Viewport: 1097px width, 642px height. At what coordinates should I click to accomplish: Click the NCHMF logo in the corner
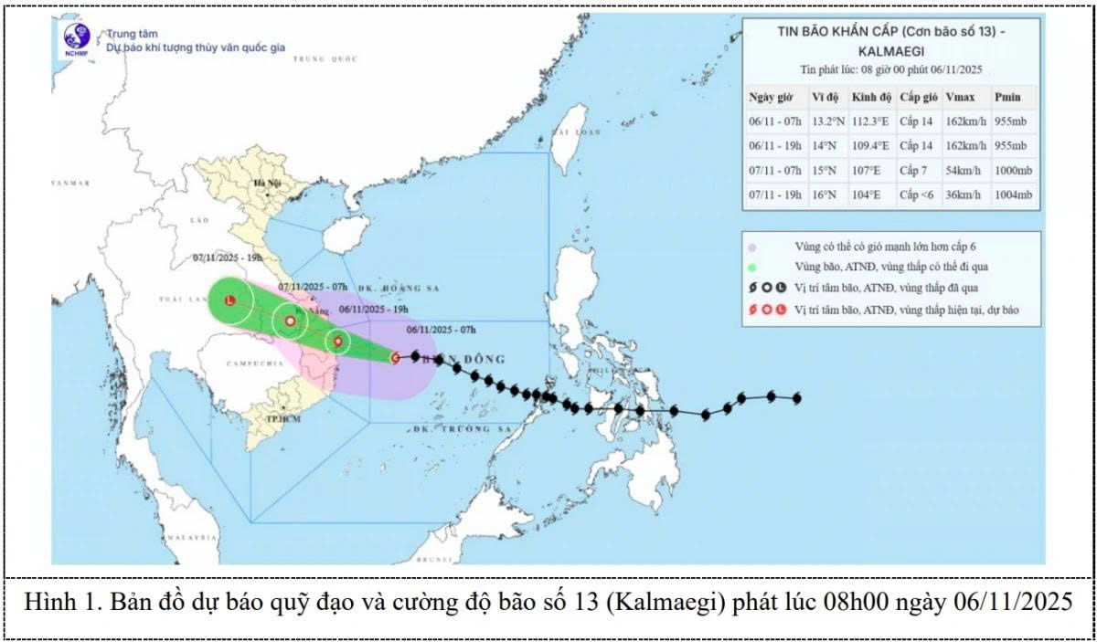click(76, 39)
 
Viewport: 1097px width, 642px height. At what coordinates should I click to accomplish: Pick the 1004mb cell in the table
click(1014, 195)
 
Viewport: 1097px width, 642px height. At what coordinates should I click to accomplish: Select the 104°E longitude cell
click(865, 195)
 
